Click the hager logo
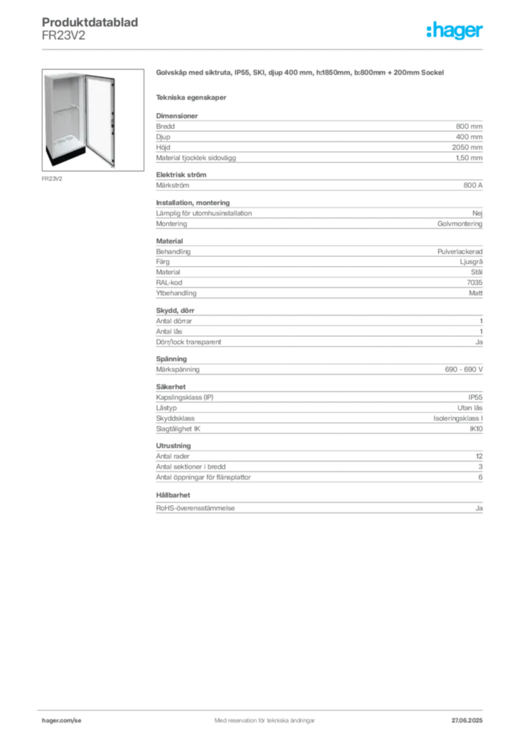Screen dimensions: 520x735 [454, 30]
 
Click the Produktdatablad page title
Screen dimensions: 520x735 [90, 22]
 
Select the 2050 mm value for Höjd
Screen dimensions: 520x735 [467, 147]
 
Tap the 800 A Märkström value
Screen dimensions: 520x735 [473, 185]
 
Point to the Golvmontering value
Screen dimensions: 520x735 [460, 224]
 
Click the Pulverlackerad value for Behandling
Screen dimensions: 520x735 [460, 252]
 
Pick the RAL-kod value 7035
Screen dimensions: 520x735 [475, 283]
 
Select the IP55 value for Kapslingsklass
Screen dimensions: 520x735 [475, 397]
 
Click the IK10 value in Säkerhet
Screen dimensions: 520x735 [476, 429]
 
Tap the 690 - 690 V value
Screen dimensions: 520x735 [464, 370]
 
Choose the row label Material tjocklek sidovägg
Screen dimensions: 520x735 [196, 158]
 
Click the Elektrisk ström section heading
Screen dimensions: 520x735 [181, 175]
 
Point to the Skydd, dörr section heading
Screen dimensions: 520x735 [175, 310]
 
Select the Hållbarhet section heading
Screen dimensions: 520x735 [173, 495]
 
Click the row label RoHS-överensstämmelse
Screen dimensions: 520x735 [195, 508]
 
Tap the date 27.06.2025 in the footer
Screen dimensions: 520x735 [467, 721]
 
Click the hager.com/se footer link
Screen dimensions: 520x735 [62, 721]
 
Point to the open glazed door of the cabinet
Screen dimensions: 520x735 [100, 121]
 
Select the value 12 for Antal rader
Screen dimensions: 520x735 [479, 456]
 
